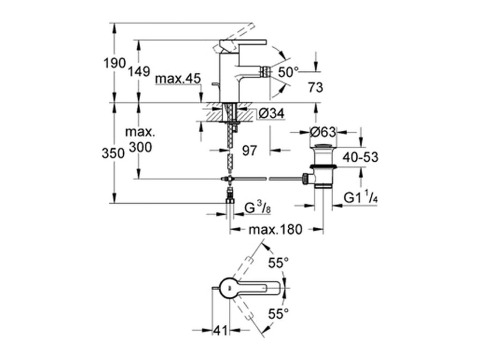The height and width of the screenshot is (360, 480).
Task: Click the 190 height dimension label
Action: (114, 63)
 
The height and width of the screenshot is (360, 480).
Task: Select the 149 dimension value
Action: (139, 72)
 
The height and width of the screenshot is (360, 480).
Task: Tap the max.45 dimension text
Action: (178, 79)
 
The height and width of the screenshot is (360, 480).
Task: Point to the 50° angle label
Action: (288, 72)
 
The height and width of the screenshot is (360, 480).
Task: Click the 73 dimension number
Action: (315, 87)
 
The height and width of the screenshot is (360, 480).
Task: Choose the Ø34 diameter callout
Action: (271, 113)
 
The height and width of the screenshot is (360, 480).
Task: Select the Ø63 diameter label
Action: (323, 132)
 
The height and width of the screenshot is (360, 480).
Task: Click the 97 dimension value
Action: (249, 150)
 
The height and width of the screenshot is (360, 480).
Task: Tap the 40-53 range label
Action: (360, 157)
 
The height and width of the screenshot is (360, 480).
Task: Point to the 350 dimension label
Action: (113, 153)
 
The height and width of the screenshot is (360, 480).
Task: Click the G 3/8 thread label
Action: (258, 208)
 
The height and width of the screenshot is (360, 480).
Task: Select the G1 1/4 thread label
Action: (360, 197)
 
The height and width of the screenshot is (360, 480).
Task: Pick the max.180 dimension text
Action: (276, 229)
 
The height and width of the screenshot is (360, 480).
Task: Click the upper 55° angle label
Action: (278, 262)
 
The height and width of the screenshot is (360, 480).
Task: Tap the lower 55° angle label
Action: (278, 314)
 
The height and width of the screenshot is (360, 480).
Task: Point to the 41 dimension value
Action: (221, 330)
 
